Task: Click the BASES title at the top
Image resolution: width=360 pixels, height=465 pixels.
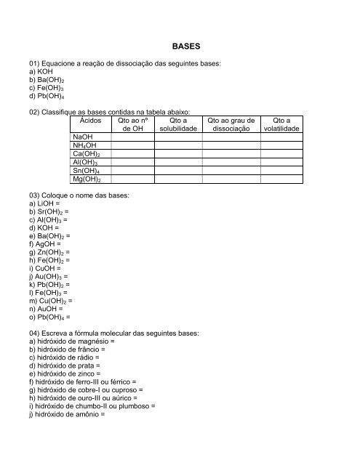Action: pos(180,45)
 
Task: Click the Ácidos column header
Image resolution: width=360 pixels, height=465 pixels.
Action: pos(91,121)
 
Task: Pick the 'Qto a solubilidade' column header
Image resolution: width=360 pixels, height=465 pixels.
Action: pos(178,124)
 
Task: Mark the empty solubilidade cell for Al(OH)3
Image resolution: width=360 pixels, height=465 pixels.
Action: pos(178,163)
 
